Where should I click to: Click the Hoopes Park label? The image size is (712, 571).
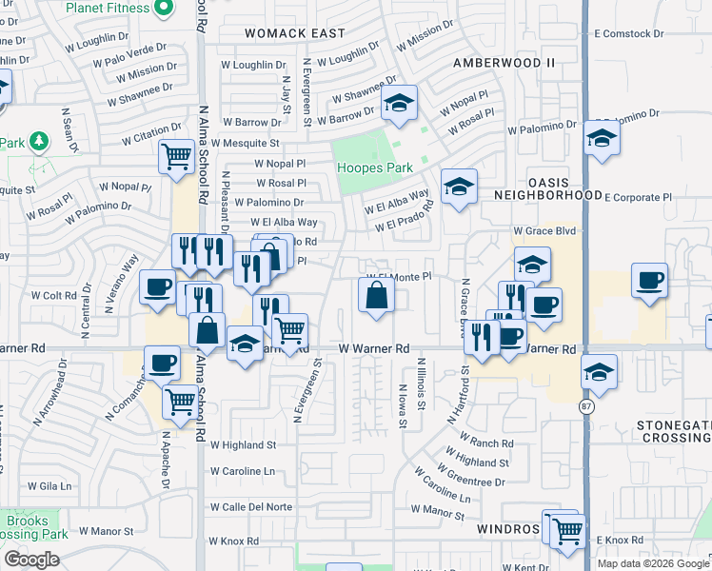[x=375, y=168]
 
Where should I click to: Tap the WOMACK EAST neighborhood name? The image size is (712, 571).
[x=294, y=33]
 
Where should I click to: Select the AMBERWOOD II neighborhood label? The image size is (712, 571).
[x=503, y=63]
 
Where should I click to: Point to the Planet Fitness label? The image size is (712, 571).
[x=109, y=9]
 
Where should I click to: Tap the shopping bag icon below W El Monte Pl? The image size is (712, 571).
[x=377, y=296]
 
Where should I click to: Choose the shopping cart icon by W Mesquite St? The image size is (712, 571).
[x=176, y=157]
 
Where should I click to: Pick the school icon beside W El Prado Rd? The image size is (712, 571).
[x=459, y=187]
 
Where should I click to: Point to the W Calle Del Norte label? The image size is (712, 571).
[x=251, y=506]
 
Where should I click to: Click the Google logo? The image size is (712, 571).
[x=31, y=560]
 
